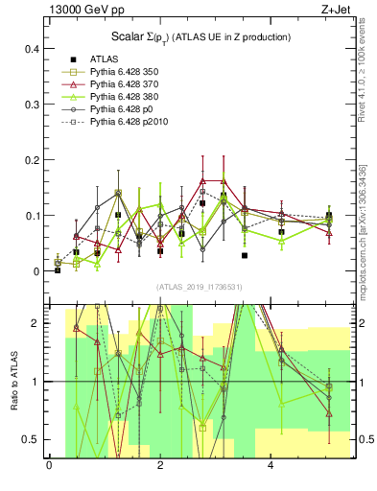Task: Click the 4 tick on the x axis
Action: pos(271,467)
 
